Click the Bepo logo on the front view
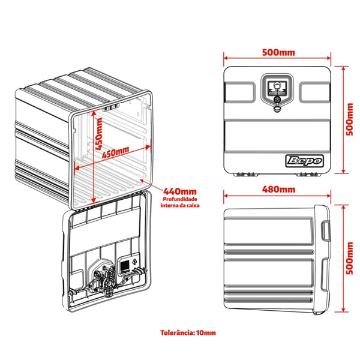tap(304, 161)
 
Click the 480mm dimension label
tap(278, 190)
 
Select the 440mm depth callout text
tap(180, 191)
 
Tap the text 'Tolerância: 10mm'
tap(188, 332)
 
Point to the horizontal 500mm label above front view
tap(278, 52)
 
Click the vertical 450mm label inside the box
tap(99, 134)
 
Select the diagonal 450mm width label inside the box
tap(115, 152)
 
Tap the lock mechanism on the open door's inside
tap(103, 279)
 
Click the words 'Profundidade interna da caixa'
tap(180, 202)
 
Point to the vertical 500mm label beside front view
tap(350, 119)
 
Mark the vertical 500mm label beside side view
tap(350, 258)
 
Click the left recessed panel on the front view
tap(240, 92)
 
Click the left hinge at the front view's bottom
tap(246, 175)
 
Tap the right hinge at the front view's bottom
tap(308, 175)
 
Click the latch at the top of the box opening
tap(111, 107)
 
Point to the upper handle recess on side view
tap(325, 230)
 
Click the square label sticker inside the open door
tap(124, 265)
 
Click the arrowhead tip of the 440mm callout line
tap(140, 179)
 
